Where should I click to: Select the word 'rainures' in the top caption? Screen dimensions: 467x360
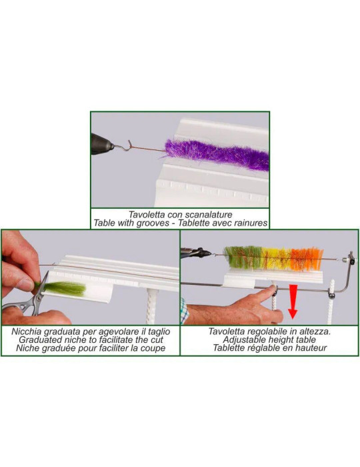[246, 223]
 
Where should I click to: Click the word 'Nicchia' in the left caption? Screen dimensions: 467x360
[32, 330]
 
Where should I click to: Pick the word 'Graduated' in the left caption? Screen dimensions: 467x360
[43, 339]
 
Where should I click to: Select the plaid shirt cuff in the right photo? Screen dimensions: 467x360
[185, 312]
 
